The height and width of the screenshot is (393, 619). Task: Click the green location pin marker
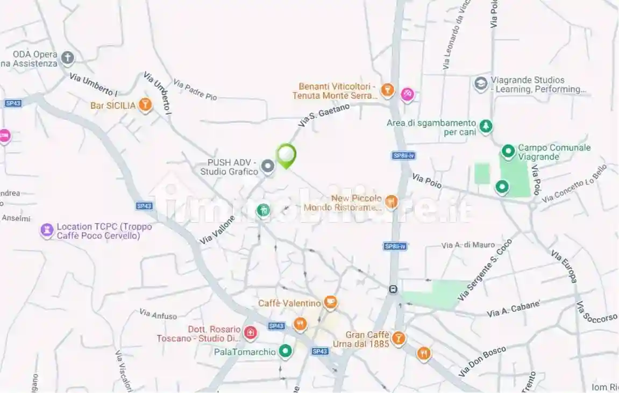tap(286, 155)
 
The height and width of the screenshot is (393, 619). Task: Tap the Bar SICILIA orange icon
tap(145, 105)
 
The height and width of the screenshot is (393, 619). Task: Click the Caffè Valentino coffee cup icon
tap(331, 303)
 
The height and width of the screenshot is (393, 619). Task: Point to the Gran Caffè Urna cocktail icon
tap(399, 338)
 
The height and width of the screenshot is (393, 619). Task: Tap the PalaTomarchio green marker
tap(285, 352)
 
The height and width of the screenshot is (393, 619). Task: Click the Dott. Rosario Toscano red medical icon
tap(250, 333)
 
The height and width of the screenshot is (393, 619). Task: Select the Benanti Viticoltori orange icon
tap(387, 90)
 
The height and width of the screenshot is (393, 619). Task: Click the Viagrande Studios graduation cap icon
tap(480, 83)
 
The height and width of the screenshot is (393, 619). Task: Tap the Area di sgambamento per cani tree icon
tap(486, 126)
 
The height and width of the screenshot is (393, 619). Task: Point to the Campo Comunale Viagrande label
tap(554, 152)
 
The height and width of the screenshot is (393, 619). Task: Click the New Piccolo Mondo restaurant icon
tap(391, 202)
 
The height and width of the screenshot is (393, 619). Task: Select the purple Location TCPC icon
tap(47, 231)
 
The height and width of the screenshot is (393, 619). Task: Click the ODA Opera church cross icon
tap(67, 58)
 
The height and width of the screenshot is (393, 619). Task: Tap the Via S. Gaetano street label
tap(324, 116)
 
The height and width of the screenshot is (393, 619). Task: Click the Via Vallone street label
tap(217, 230)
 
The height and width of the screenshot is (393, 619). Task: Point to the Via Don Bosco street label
tap(482, 361)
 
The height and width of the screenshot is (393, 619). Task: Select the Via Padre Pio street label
tap(195, 90)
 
